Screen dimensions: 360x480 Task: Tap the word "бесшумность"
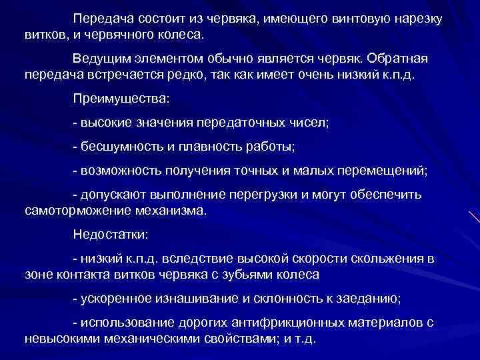pos(117,147)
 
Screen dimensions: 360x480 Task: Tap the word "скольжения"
pos(387,258)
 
